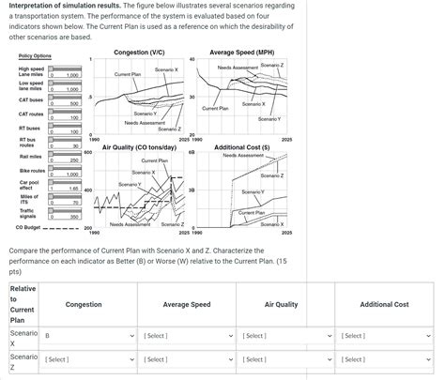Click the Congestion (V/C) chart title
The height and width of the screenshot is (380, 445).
[x=140, y=52]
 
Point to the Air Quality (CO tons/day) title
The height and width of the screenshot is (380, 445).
[x=139, y=147]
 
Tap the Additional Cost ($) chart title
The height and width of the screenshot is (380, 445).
[x=242, y=147]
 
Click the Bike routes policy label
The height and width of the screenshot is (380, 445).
[x=30, y=171]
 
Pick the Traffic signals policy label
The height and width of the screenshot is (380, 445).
[x=27, y=214]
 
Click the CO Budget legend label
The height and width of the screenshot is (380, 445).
[x=28, y=227]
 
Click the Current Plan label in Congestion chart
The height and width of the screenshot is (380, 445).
[x=128, y=73]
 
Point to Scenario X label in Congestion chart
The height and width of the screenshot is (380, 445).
[x=166, y=70]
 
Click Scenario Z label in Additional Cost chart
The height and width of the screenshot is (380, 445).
[x=271, y=175]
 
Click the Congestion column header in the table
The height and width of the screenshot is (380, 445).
[x=84, y=304]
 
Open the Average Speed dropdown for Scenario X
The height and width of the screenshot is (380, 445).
[x=186, y=335]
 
